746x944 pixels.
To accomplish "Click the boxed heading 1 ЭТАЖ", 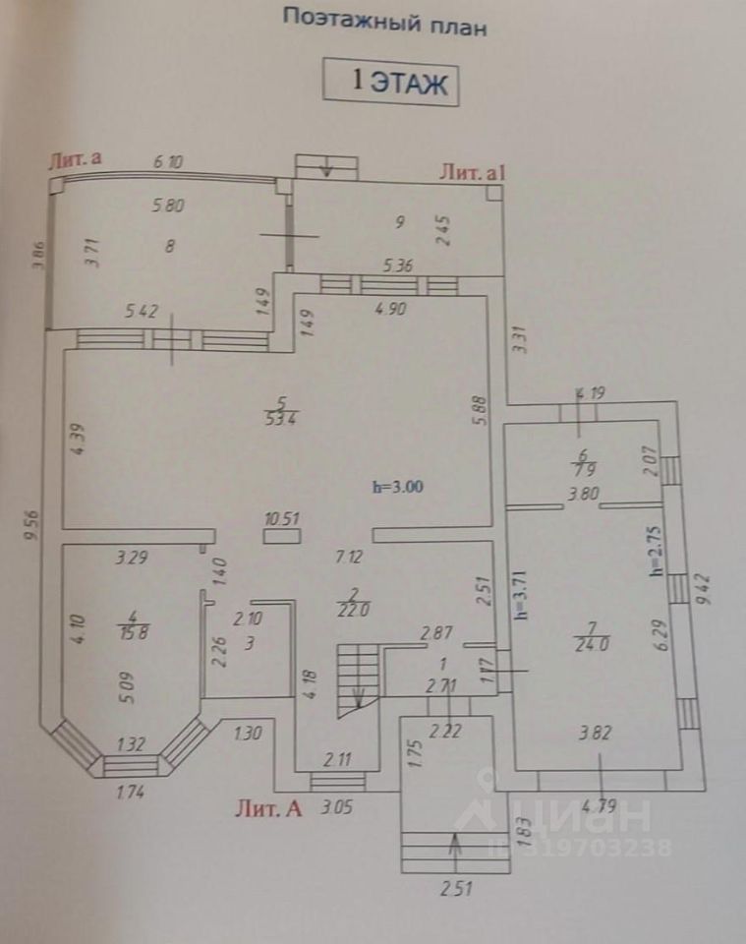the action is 391,82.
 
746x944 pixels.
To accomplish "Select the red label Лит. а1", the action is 473,173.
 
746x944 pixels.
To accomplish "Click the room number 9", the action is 400,222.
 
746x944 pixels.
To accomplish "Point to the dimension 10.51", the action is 282,518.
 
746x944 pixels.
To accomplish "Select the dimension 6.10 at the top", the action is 168,161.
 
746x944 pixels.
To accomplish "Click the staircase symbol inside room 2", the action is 358,678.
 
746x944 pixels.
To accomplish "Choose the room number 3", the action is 249,644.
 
